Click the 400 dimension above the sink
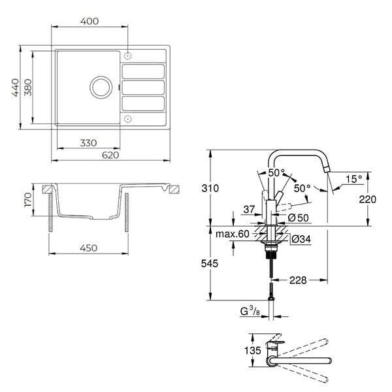(90, 22)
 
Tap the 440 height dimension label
(16, 88)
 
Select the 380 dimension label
(27, 88)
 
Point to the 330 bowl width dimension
(88, 143)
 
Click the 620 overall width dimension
(110, 155)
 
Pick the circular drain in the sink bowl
(101, 88)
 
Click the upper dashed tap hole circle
(128, 56)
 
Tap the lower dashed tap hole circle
(128, 119)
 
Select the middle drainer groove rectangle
(143, 88)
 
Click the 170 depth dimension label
(28, 199)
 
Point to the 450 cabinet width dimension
(88, 248)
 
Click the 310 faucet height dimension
(210, 188)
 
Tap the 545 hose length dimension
(210, 263)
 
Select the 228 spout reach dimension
(298, 280)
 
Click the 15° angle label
(353, 179)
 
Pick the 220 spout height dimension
(367, 199)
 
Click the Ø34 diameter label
(301, 239)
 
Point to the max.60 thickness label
(233, 234)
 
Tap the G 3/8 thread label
(250, 311)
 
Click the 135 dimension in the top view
(253, 350)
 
